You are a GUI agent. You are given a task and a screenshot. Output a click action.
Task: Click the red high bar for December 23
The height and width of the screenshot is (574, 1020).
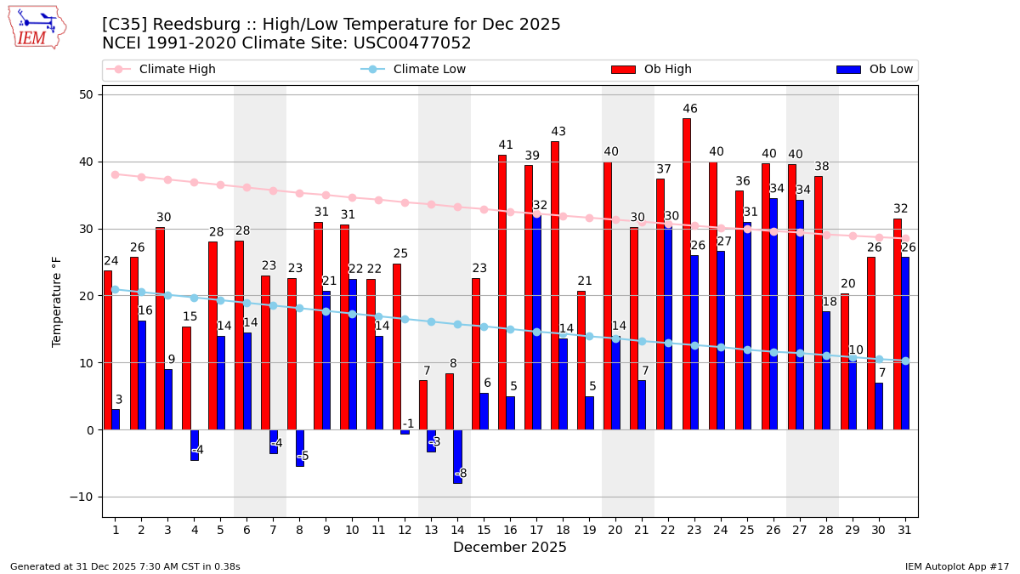[x=686, y=274]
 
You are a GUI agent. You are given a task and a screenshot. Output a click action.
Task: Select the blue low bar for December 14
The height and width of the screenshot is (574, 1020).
[x=457, y=457]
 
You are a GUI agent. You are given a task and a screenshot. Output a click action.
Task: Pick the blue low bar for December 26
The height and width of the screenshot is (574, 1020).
[x=773, y=314]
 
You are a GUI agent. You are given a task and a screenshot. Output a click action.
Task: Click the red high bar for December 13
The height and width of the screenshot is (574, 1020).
[x=423, y=405]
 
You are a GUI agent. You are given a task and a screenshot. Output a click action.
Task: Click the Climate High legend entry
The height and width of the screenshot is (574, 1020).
[x=177, y=70]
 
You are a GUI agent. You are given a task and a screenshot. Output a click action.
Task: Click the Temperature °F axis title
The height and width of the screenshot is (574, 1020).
[x=58, y=301]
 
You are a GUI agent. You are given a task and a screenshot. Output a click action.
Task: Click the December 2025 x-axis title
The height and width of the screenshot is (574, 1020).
[x=509, y=548]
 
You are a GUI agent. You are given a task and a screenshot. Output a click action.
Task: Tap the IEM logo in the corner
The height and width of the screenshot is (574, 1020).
[x=37, y=27]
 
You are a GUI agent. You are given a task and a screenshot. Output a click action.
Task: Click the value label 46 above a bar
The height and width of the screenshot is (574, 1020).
[x=690, y=109]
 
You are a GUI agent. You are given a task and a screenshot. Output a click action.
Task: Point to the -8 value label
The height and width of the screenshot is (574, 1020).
[x=461, y=474]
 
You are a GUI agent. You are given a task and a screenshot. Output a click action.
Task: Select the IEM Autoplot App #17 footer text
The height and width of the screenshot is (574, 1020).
[x=956, y=566]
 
